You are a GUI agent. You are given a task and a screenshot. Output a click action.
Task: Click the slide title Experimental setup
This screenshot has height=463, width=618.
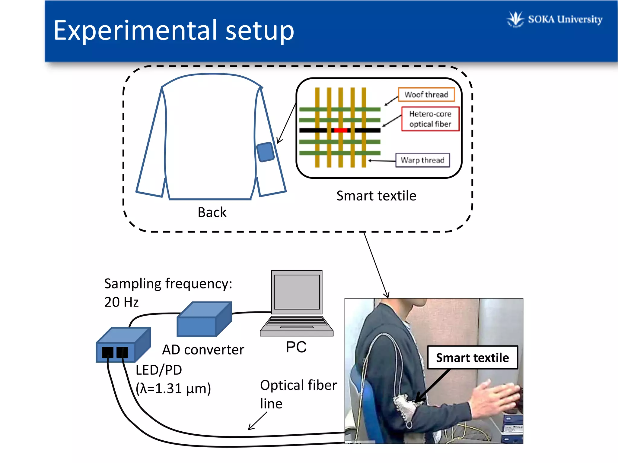(x=174, y=30)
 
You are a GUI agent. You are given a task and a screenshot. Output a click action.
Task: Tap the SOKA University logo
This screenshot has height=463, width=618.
(x=555, y=19)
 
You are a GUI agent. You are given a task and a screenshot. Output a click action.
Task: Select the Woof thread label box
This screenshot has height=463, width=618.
(x=426, y=95)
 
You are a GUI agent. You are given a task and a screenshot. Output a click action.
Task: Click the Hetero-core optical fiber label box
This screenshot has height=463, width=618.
(x=430, y=119)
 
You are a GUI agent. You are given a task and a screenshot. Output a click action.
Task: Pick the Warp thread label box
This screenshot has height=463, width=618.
(x=422, y=160)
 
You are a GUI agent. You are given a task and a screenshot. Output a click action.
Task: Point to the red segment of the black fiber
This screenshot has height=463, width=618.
(x=341, y=130)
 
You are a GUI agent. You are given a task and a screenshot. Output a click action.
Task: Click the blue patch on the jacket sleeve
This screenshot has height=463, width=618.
(x=265, y=152)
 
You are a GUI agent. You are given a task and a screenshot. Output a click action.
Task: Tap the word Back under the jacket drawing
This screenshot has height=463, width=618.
(x=212, y=212)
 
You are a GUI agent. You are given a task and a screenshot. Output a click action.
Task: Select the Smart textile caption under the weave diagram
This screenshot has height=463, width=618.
(x=376, y=196)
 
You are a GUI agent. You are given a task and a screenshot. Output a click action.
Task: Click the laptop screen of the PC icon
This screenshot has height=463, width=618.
(x=297, y=292)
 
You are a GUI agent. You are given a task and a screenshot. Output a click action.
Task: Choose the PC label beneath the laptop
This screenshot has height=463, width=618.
(x=296, y=347)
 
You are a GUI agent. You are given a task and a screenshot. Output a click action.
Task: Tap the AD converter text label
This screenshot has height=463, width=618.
(x=203, y=350)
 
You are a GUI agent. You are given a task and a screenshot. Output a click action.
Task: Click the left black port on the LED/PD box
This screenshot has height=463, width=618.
(x=107, y=352)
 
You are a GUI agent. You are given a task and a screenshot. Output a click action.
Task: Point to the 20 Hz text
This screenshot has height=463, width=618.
(x=121, y=302)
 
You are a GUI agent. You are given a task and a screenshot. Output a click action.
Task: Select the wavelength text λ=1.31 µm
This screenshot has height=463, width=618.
(x=173, y=389)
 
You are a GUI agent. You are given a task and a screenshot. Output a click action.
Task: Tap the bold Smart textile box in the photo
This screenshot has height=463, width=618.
(x=472, y=358)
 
